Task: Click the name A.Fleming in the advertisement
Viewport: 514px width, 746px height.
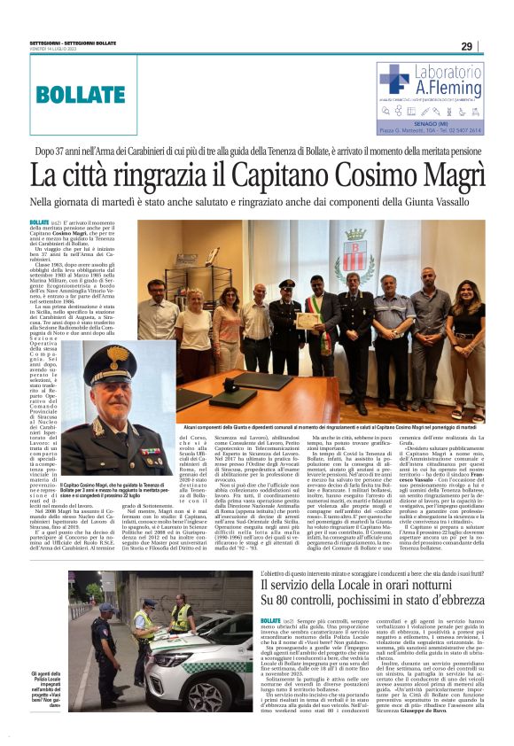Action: tap(447, 89)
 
